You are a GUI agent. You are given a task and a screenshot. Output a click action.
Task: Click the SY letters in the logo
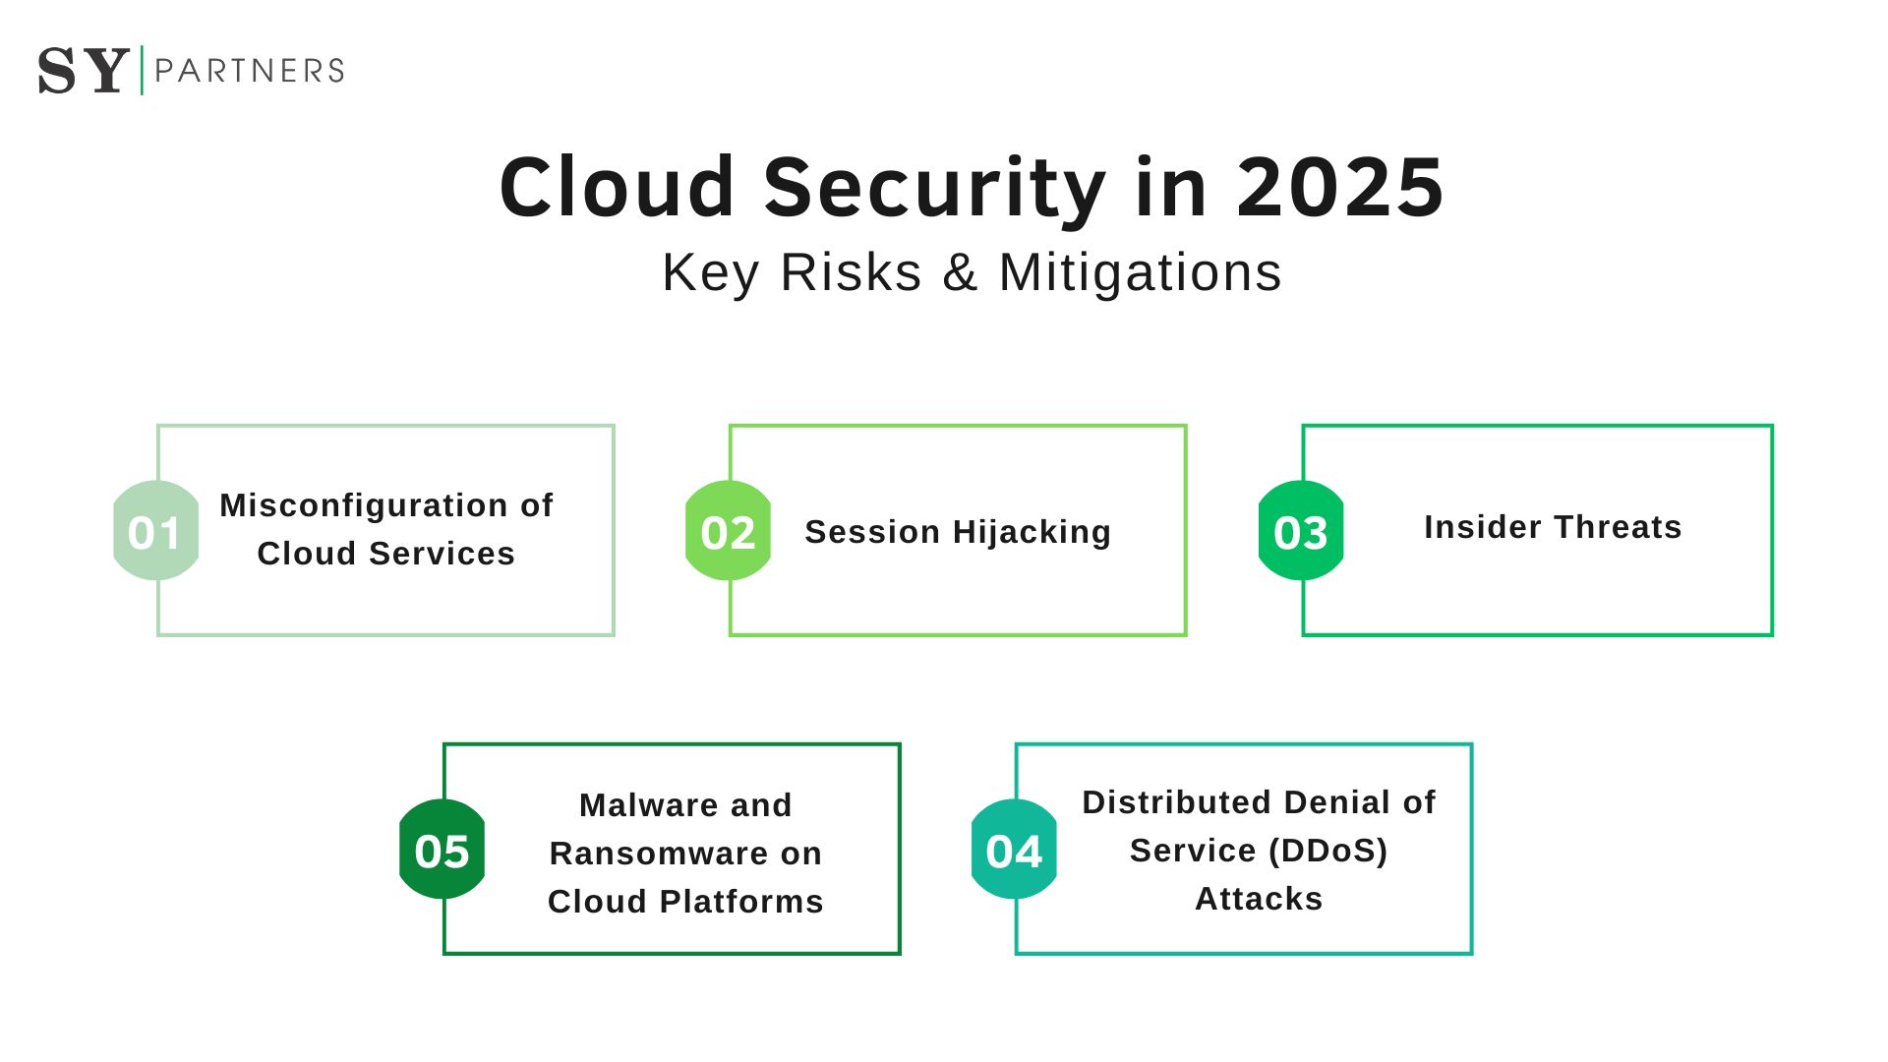[84, 71]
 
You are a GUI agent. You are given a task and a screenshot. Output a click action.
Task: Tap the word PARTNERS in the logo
[250, 71]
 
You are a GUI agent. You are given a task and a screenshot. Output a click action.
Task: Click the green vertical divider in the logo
[143, 70]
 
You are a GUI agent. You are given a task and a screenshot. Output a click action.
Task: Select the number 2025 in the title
[1339, 188]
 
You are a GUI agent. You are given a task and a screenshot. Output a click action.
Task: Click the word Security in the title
[934, 188]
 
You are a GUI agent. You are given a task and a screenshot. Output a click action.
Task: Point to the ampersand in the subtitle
[960, 272]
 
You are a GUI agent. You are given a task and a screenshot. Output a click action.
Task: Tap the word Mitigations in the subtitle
[1140, 272]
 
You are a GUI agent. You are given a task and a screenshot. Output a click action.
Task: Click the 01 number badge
[155, 531]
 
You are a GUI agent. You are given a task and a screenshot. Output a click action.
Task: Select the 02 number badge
[728, 531]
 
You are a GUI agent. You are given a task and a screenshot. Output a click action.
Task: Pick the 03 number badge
[1301, 531]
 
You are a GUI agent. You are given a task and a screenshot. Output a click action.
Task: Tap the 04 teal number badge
[1014, 850]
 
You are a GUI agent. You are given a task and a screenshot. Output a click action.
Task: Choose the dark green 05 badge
[442, 850]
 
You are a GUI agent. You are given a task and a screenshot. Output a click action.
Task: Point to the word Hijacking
[1032, 532]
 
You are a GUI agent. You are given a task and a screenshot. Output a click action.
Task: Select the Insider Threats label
[1553, 527]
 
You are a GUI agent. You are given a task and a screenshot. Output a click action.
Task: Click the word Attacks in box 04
[1259, 899]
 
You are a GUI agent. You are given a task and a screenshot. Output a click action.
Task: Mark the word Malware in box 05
[636, 805]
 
